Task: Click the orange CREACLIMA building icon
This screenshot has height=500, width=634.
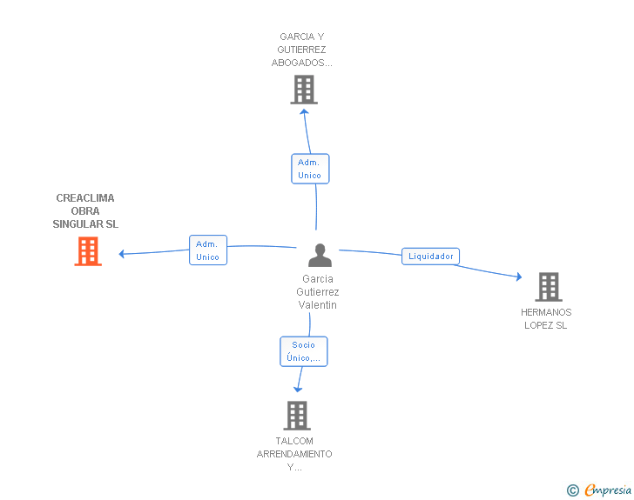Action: pos(88,251)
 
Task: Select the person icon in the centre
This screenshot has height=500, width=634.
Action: pos(320,256)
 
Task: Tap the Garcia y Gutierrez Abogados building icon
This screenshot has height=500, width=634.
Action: pos(304,90)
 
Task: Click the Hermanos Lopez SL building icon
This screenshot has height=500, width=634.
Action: pos(548,286)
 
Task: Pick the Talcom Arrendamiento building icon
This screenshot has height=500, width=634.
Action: pos(297,416)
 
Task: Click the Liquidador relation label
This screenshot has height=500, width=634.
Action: pos(431,257)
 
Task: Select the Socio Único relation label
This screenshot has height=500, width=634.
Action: pos(304,351)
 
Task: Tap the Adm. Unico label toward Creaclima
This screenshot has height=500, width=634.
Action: pos(207,250)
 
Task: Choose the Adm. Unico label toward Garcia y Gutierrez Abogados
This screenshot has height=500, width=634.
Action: pos(309,169)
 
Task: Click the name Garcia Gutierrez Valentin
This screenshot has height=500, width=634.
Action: pos(318,292)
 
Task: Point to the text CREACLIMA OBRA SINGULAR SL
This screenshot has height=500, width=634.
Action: pos(85,211)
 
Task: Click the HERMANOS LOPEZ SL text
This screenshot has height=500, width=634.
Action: pos(546,318)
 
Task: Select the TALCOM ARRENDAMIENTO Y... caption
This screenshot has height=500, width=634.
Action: pos(294,454)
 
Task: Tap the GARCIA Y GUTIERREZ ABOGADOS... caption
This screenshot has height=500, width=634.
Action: pos(302,50)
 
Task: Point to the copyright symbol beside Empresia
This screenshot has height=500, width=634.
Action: pos(572,491)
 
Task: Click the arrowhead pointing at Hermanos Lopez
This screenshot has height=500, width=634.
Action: pos(518,277)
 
